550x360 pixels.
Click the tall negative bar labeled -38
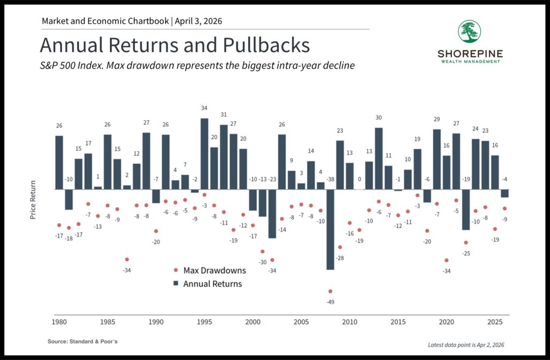[330, 229]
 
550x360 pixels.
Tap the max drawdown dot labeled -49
[330, 291]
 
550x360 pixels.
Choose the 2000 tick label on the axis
[253, 322]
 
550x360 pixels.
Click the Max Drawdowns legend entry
[214, 270]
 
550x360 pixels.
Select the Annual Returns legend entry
[212, 283]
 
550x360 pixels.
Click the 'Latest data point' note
[466, 344]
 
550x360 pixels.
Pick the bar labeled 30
[379, 159]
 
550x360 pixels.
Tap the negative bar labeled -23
[272, 214]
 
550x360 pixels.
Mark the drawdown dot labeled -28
[340, 248]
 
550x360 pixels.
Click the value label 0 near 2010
[359, 179]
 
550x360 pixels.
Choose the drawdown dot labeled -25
[466, 243]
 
